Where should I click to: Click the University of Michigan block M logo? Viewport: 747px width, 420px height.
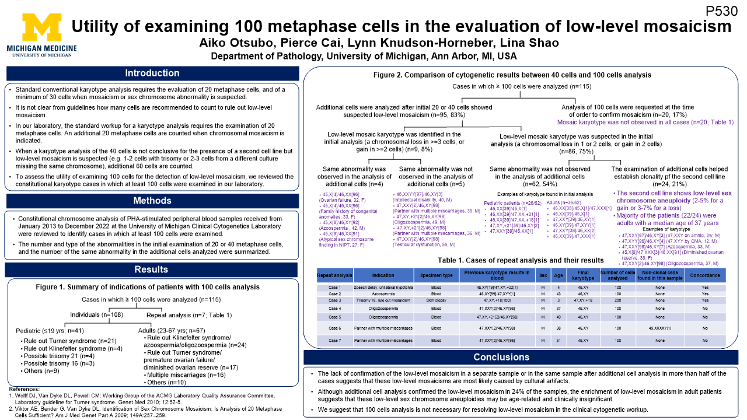[41, 27]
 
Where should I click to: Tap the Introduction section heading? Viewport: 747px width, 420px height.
[152, 73]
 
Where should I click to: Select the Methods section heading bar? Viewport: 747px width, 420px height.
[152, 201]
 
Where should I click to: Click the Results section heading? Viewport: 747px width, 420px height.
[152, 270]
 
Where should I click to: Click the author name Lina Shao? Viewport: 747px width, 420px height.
[529, 43]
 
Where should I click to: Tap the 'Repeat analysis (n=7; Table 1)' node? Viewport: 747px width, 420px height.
[189, 315]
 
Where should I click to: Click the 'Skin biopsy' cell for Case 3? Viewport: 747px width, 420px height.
[436, 300]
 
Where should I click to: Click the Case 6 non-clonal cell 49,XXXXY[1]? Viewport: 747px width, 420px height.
[659, 328]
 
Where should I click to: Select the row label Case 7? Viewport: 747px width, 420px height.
[334, 340]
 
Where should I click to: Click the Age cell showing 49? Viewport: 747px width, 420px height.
[558, 317]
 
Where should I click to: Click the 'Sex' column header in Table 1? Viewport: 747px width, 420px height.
[543, 276]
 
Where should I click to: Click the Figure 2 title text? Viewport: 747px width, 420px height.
[512, 75]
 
